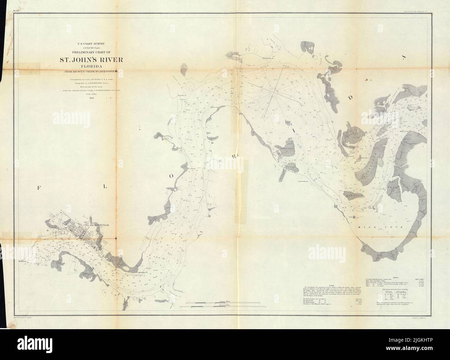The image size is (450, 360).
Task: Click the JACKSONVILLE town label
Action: point(99,225)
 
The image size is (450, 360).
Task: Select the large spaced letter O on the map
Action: point(171,175)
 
